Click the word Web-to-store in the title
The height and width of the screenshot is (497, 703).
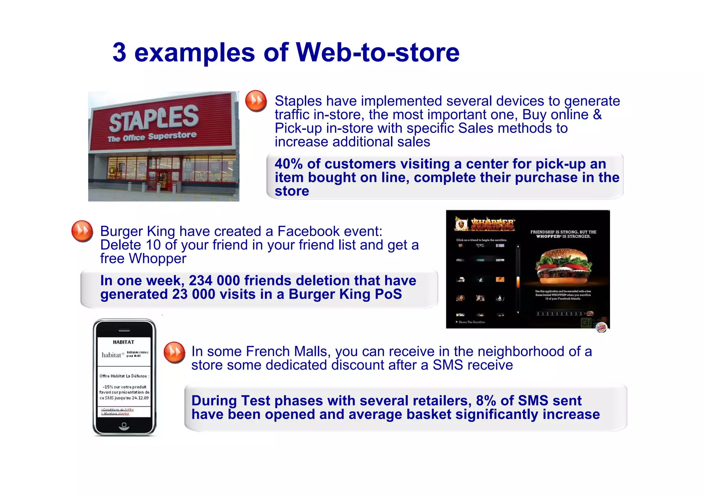tap(377, 53)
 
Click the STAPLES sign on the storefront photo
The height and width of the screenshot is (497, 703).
tap(154, 118)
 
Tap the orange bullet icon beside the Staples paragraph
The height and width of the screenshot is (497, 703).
tap(256, 101)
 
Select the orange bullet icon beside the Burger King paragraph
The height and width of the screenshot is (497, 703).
tap(82, 231)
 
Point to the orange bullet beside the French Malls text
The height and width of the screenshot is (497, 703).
tap(174, 352)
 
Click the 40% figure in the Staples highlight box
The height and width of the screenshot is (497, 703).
tap(289, 164)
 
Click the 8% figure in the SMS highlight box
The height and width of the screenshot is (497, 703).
tap(486, 401)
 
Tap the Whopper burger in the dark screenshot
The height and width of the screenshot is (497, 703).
tap(563, 265)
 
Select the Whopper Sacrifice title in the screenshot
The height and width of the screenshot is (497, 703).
tap(492, 224)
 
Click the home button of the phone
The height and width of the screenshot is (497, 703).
tap(124, 426)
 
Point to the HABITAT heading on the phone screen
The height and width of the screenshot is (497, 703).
tap(124, 342)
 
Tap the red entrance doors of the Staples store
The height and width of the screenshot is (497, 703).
tap(160, 180)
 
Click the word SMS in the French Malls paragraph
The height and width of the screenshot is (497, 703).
tap(447, 365)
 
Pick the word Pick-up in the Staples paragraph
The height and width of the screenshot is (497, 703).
tap(298, 128)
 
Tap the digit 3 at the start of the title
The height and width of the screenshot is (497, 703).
tap(119, 53)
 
